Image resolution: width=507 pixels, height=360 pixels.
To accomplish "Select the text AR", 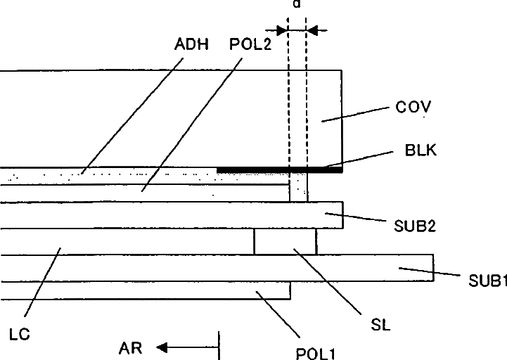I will coord(131,347).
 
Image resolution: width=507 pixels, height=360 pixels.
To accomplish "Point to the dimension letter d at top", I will coord(297,4).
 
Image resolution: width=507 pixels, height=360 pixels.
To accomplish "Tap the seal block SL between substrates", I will coord(285,241).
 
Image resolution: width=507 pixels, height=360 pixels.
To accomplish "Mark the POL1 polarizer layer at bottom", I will coord(141,290).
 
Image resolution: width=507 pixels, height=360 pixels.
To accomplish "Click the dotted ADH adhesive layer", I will coord(105,175).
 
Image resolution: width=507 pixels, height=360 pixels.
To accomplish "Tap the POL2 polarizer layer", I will coord(141,192).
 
